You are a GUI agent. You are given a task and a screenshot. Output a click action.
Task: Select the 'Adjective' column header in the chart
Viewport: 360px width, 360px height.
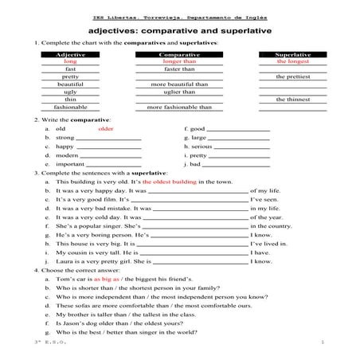(x=70, y=54)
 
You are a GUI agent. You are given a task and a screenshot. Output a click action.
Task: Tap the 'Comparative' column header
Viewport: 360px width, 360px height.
(x=178, y=54)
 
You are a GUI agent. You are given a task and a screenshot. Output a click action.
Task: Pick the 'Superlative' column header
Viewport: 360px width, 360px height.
(x=292, y=54)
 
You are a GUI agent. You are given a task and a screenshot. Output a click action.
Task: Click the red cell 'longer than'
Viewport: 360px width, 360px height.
(x=178, y=61)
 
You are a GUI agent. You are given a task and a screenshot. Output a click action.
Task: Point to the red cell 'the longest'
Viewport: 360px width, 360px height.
(x=292, y=61)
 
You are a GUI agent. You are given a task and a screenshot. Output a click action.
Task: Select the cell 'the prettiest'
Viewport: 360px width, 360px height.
(x=292, y=76)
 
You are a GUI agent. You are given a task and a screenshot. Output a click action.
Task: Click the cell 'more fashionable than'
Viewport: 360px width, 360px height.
(x=178, y=107)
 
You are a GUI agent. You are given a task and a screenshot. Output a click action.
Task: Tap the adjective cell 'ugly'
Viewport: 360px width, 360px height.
(x=70, y=92)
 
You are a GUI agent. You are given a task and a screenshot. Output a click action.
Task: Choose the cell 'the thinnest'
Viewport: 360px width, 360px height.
(x=292, y=100)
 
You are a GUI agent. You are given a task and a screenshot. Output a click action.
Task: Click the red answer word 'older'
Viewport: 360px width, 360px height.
(x=106, y=128)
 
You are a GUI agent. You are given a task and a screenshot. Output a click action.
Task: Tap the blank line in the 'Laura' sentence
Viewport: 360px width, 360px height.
(x=199, y=261)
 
